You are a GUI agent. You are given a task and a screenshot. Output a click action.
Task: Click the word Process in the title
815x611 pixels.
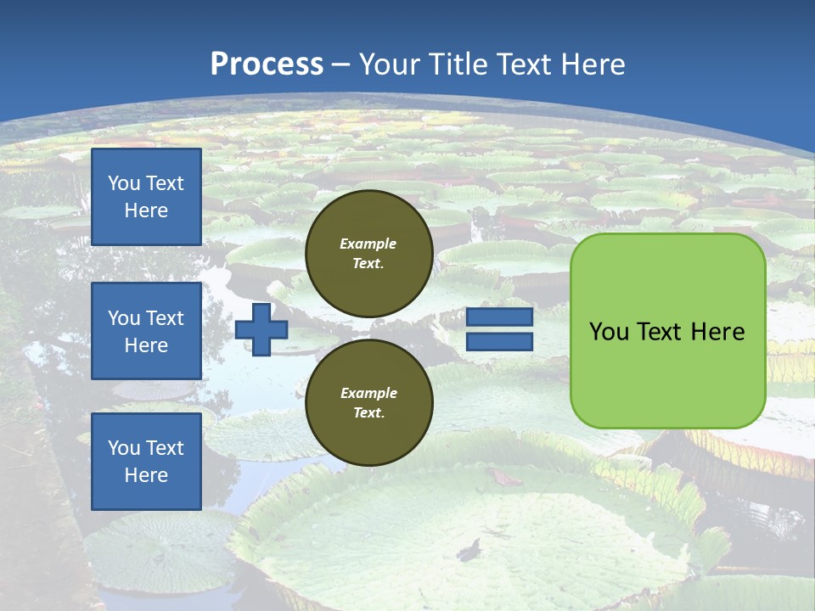click(x=267, y=64)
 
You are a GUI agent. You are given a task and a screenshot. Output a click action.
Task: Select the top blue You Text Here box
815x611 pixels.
click(x=146, y=197)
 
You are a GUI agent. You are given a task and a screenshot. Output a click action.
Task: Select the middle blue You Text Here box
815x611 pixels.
click(x=146, y=331)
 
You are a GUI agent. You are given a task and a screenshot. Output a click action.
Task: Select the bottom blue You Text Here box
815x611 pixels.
click(x=146, y=461)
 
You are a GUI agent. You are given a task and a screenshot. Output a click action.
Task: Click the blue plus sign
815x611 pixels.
click(x=261, y=329)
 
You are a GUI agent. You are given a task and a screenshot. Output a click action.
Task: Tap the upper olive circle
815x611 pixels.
click(x=368, y=254)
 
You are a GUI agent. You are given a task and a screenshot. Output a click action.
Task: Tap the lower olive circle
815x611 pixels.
click(x=368, y=403)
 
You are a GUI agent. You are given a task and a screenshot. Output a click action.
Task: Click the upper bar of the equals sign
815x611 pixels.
click(x=500, y=317)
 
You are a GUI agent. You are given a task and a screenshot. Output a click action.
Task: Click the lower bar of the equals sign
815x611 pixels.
click(x=500, y=342)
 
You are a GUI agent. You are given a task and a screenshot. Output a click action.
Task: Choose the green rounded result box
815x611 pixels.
click(x=667, y=373)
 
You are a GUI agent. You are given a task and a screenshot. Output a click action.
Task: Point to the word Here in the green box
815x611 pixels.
click(x=717, y=332)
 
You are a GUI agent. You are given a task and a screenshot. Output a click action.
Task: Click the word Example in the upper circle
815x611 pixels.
click(x=368, y=244)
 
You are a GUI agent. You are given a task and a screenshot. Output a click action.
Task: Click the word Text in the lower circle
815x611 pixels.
click(x=368, y=413)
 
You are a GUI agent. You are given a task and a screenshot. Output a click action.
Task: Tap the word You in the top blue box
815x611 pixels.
click(x=124, y=183)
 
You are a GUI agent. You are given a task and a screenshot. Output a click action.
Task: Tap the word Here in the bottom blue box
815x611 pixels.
click(x=146, y=475)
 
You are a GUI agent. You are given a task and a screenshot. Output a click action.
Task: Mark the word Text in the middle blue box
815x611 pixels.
click(x=165, y=318)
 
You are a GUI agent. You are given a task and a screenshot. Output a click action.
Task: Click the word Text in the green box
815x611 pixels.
click(x=659, y=332)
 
